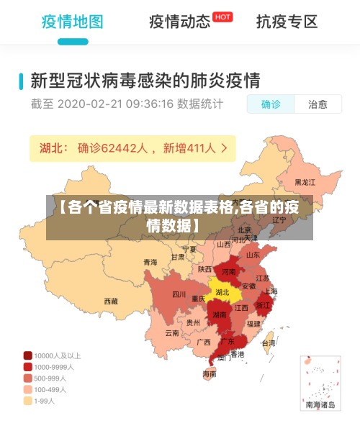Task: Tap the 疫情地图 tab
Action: point(72,21)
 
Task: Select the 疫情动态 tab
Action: point(179,21)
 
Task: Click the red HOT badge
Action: point(223,17)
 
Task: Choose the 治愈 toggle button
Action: point(318,104)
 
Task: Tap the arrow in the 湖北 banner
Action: point(225,148)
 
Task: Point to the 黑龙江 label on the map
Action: point(305,183)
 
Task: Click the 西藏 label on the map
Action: point(111,301)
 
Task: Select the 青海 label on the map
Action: point(150,262)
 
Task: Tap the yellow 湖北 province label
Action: point(222,292)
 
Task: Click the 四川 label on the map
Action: point(179,294)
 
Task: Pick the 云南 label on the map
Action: point(171,333)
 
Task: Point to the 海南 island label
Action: point(209,374)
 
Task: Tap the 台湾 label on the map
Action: point(268,343)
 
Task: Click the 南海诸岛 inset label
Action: point(320,406)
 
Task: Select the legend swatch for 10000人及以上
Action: point(27,355)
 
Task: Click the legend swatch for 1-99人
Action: point(27,401)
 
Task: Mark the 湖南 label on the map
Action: point(220,314)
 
